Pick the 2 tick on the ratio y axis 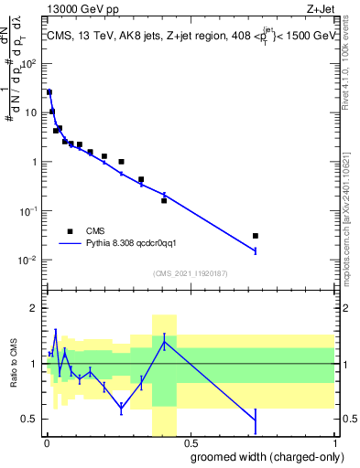click(35, 308)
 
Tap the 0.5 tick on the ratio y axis click(33, 420)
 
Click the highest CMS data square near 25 click(49, 92)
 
